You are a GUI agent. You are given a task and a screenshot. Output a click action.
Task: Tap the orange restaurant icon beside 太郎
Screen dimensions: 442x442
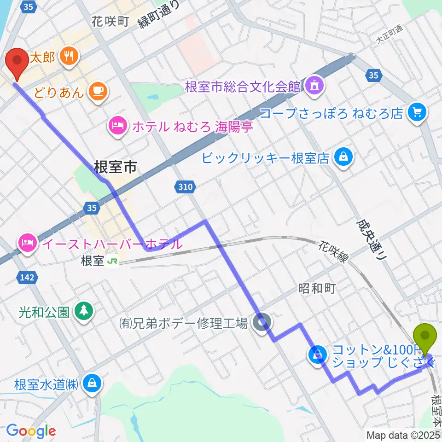[x=70, y=57]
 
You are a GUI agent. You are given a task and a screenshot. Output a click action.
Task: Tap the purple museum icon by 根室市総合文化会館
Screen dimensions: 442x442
[x=315, y=85]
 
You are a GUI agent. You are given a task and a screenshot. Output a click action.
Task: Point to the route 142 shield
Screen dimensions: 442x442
[x=26, y=277]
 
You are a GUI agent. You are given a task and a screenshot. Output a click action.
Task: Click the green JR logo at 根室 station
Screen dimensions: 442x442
[x=112, y=261]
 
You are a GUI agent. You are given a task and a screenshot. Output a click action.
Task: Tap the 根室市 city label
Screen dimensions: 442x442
[x=115, y=167]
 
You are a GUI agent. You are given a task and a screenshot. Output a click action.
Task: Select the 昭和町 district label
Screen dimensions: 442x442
[x=316, y=288]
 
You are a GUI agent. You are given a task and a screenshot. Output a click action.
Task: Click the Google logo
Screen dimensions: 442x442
[x=30, y=430]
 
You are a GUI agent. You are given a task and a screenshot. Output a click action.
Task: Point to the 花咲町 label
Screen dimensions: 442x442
[x=110, y=21]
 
